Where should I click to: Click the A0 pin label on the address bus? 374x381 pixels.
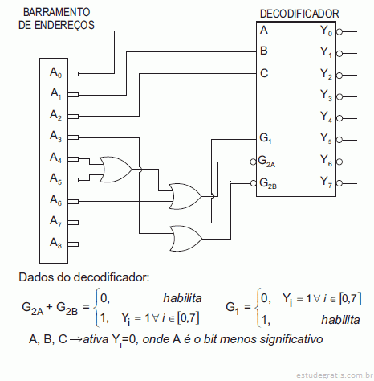pyautogui.click(x=55, y=72)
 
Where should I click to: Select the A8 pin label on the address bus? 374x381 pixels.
pyautogui.click(x=55, y=243)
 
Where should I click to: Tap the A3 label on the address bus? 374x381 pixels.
pyautogui.click(x=55, y=136)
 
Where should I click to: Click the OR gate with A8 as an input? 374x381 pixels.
pyautogui.click(x=186, y=239)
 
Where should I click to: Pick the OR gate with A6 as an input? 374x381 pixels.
pyautogui.click(x=185, y=196)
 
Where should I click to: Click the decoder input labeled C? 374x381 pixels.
pyautogui.click(x=264, y=73)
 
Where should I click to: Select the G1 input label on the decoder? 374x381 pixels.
pyautogui.click(x=266, y=138)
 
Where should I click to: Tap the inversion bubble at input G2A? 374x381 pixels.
pyautogui.click(x=254, y=162)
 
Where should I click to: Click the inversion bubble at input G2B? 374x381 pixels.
pyautogui.click(x=254, y=183)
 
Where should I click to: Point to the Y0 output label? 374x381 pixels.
pyautogui.click(x=326, y=31)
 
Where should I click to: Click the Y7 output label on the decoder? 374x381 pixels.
pyautogui.click(x=326, y=182)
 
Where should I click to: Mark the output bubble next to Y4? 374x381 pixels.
pyautogui.click(x=339, y=118)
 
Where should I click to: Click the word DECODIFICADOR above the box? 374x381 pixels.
pyautogui.click(x=299, y=14)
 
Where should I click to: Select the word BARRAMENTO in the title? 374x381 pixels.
pyautogui.click(x=57, y=12)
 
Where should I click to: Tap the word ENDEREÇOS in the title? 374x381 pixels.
pyautogui.click(x=65, y=26)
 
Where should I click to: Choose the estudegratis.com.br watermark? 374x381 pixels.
pyautogui.click(x=335, y=375)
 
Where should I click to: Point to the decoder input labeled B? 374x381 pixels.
pyautogui.click(x=264, y=51)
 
